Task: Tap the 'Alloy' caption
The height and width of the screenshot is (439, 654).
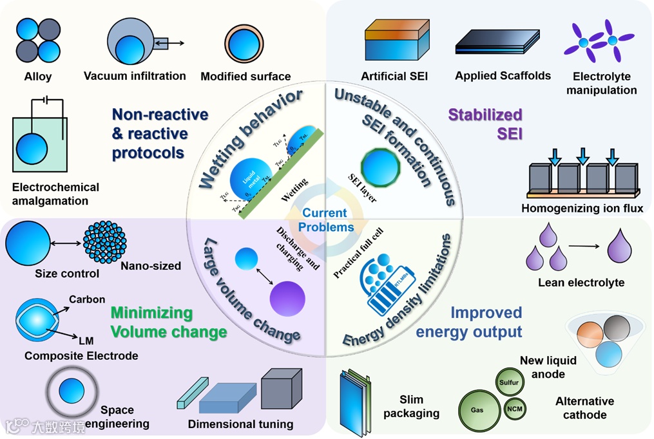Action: click(38, 76)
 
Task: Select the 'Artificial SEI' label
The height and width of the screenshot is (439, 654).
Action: click(394, 76)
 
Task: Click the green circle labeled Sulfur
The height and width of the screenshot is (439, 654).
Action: click(508, 382)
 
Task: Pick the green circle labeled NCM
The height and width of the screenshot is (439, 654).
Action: click(514, 409)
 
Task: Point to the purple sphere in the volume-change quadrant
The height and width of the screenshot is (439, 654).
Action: click(287, 300)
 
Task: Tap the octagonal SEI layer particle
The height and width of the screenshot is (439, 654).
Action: click(381, 167)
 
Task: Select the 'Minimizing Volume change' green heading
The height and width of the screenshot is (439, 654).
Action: click(169, 322)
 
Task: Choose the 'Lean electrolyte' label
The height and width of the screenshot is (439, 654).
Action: click(581, 283)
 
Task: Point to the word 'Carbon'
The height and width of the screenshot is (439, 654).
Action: click(87, 299)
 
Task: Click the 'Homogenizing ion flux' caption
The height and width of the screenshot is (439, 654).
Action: click(582, 208)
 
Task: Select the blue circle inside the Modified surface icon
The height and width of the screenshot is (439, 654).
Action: click(244, 44)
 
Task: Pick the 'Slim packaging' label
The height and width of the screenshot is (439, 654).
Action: click(411, 407)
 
